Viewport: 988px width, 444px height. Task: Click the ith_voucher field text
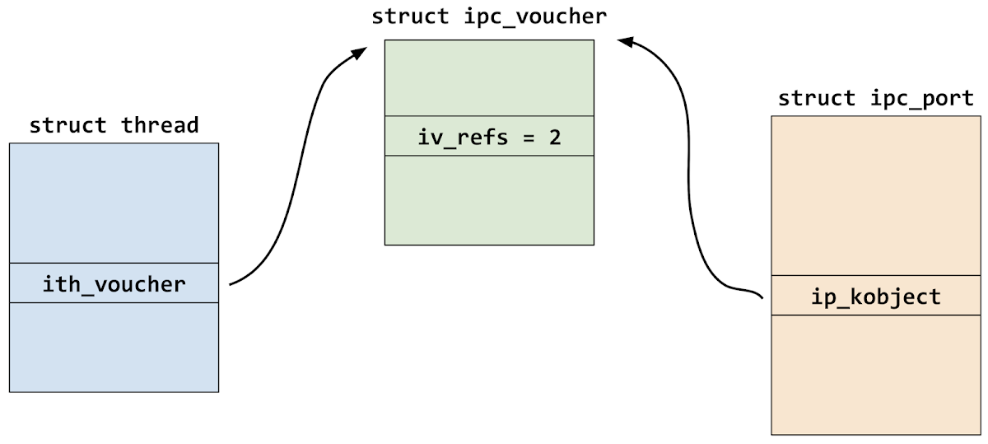114,284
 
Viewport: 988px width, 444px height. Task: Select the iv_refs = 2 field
489,137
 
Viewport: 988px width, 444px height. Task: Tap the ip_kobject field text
875,296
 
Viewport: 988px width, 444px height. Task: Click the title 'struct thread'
114,125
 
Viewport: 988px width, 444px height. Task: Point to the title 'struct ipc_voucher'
489,16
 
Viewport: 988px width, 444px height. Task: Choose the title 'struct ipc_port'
875,99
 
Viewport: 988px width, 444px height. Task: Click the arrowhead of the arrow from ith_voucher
359,53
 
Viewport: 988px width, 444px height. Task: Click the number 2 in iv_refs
555,137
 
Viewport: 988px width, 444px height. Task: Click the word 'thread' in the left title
161,125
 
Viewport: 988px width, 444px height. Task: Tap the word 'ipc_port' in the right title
922,99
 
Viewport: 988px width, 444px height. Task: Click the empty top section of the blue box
114,203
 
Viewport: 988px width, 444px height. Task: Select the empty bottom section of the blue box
114,347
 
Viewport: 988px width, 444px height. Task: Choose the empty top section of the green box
489,77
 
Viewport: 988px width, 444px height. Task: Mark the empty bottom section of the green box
489,199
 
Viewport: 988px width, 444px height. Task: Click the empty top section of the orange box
875,195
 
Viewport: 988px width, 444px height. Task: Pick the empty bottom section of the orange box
875,374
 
